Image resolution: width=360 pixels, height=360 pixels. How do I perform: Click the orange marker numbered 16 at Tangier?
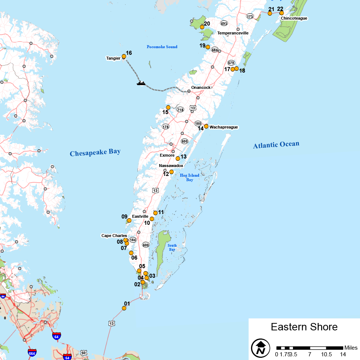(124, 56)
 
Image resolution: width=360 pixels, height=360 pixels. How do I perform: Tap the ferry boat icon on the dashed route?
(141, 83)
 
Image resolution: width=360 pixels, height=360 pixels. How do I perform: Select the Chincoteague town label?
(294, 18)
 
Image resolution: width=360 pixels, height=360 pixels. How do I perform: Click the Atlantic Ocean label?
(276, 145)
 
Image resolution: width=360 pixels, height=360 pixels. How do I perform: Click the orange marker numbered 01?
(124, 308)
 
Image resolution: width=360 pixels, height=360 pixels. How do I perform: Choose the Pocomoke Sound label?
(162, 47)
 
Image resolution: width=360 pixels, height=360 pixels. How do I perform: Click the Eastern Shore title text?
(304, 327)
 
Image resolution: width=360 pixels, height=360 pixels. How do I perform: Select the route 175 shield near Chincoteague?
(250, 16)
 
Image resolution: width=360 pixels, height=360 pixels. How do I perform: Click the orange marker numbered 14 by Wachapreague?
(206, 126)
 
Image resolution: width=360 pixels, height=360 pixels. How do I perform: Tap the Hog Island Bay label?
(190, 177)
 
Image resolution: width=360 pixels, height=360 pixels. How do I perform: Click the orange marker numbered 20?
(202, 27)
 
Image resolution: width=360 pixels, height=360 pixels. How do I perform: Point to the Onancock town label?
(201, 87)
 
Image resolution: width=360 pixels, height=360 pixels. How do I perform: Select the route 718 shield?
(180, 110)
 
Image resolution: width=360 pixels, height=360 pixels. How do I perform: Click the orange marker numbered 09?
(129, 220)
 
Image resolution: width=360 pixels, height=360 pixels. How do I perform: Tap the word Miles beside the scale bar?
(351, 348)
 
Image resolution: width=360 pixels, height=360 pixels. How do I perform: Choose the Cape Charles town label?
(114, 236)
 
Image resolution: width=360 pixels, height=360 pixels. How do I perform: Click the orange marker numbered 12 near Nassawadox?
(171, 172)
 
